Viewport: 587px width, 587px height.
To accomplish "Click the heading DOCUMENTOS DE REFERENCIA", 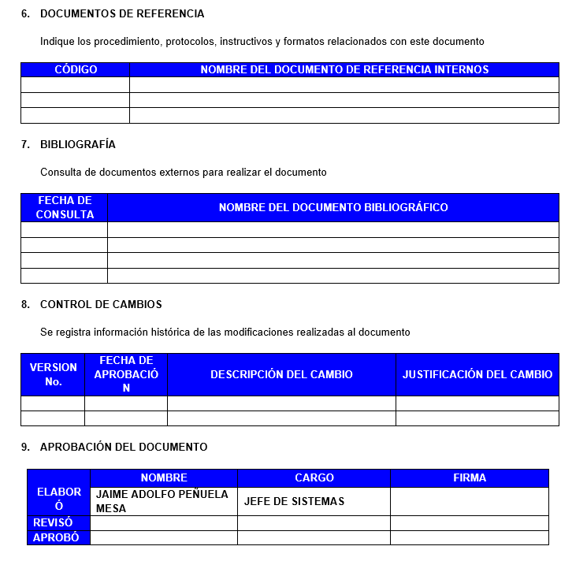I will click(x=122, y=14).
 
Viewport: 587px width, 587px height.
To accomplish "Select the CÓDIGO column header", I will click(x=76, y=69).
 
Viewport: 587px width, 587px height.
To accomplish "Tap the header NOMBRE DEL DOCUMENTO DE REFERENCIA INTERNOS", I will click(x=344, y=69).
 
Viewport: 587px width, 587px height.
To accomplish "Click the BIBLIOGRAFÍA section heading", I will click(x=78, y=144).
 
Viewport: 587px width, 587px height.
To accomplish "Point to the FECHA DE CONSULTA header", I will click(x=65, y=207).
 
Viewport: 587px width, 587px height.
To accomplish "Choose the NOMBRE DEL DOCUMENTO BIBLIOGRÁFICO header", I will click(x=333, y=207).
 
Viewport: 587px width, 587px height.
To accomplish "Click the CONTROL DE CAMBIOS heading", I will click(x=101, y=304).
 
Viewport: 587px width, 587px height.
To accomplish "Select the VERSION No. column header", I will click(x=53, y=374).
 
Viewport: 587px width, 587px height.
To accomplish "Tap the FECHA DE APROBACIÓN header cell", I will click(x=126, y=374).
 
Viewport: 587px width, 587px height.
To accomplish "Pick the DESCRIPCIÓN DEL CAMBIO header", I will click(x=281, y=374).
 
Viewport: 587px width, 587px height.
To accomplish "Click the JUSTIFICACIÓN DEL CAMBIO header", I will click(x=477, y=374).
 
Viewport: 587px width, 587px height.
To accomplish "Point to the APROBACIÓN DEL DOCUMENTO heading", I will click(x=124, y=447).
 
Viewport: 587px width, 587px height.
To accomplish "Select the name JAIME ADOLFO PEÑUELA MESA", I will click(x=162, y=501).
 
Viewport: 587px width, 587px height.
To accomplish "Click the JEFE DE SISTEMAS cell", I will click(x=294, y=501).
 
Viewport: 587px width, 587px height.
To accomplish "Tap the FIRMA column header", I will click(x=470, y=477).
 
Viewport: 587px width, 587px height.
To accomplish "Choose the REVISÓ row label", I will click(x=54, y=522).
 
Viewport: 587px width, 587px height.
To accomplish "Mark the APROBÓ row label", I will click(x=56, y=537).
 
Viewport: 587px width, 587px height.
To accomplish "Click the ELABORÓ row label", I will click(x=59, y=499).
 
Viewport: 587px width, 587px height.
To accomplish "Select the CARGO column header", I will click(x=314, y=477).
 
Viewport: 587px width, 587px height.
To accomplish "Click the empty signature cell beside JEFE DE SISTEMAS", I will click(x=470, y=501).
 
